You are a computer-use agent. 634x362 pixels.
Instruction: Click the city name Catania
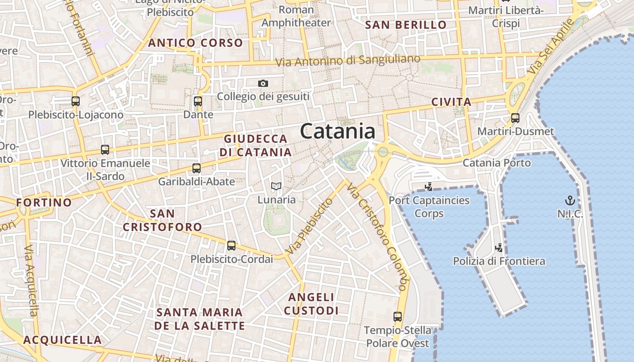coord(337,132)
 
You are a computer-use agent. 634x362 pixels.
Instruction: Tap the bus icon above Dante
coord(198,101)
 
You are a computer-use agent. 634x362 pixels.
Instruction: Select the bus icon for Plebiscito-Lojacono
coord(76,101)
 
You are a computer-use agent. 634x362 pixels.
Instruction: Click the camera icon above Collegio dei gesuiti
coord(263,83)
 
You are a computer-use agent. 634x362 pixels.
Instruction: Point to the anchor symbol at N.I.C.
coord(570,200)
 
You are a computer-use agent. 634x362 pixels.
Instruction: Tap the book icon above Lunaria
coord(276,186)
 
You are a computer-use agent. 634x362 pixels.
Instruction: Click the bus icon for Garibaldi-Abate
coord(196,168)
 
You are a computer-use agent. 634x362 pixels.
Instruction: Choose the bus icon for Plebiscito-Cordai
coord(231,246)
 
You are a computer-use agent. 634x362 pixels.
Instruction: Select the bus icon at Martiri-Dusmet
coord(515,118)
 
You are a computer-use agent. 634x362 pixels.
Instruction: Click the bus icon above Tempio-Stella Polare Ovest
coord(398,317)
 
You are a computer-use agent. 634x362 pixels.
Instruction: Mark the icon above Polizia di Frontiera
coord(499,248)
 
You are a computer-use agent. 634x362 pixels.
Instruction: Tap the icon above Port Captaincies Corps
coord(428,186)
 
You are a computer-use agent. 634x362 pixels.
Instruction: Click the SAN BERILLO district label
coord(406,25)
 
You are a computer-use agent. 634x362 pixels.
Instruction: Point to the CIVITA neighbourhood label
coord(451,102)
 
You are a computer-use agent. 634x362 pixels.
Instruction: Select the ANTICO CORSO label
coord(196,43)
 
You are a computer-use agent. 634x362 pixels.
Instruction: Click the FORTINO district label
coord(44,202)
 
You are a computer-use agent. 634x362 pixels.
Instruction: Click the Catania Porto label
coord(496,163)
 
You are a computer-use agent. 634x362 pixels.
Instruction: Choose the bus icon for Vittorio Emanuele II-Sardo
coord(105,150)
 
